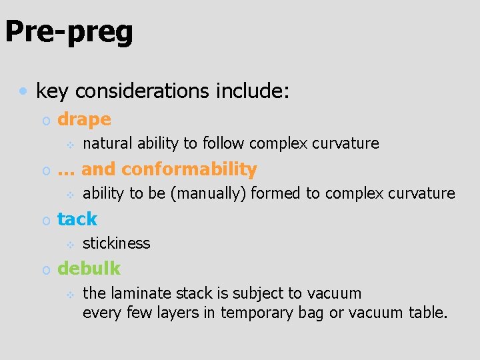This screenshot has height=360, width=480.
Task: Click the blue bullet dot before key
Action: coord(23,89)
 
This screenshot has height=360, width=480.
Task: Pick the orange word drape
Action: coord(84,120)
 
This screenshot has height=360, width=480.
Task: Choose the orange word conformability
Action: coord(189,170)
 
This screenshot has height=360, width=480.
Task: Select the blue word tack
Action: coord(77,219)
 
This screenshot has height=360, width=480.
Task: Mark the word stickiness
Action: coord(116,243)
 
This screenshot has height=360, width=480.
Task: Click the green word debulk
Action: coord(89,269)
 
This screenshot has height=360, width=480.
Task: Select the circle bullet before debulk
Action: coord(45,270)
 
